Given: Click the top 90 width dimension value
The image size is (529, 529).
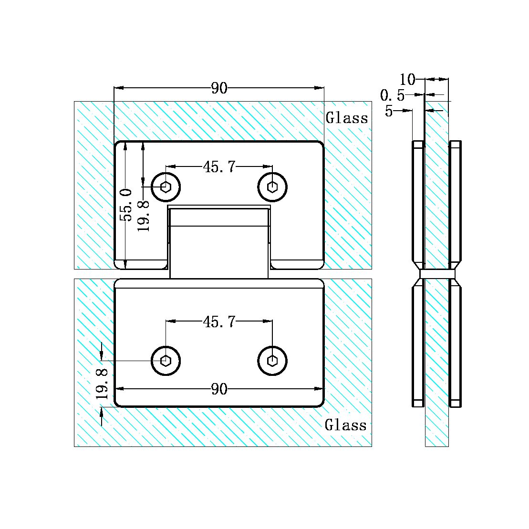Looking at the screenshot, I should (x=219, y=88).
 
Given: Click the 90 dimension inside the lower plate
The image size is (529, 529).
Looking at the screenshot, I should (x=219, y=389).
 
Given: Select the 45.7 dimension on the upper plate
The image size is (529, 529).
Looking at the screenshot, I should (x=219, y=166).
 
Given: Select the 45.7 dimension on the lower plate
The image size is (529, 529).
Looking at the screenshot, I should (x=219, y=322).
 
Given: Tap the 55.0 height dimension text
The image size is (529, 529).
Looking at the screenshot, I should (x=126, y=205).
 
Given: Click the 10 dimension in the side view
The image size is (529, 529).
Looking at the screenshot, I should (x=408, y=79).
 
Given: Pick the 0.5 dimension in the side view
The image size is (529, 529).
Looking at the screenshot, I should (x=392, y=96).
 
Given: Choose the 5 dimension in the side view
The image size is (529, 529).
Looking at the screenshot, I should (x=389, y=111).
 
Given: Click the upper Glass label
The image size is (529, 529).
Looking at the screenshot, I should (x=347, y=118).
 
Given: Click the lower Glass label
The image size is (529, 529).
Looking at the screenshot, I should (x=346, y=425).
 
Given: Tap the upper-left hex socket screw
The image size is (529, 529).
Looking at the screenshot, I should (x=166, y=187).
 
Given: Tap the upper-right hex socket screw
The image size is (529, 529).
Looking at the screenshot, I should (x=272, y=187).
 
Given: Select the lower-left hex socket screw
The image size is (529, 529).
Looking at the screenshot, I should (x=166, y=361).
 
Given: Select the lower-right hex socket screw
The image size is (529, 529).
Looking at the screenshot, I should (x=272, y=361).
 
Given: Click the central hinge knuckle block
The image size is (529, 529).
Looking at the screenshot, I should (x=219, y=243).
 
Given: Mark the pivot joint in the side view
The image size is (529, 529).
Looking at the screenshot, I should (x=437, y=274).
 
